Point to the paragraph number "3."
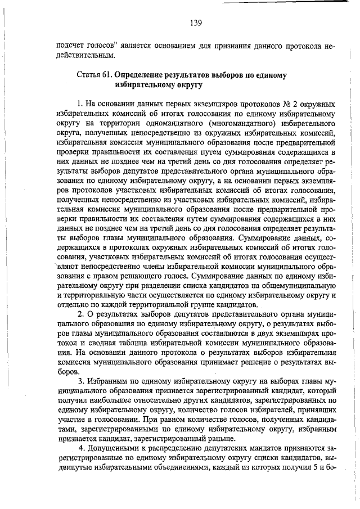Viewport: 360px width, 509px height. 82,381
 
